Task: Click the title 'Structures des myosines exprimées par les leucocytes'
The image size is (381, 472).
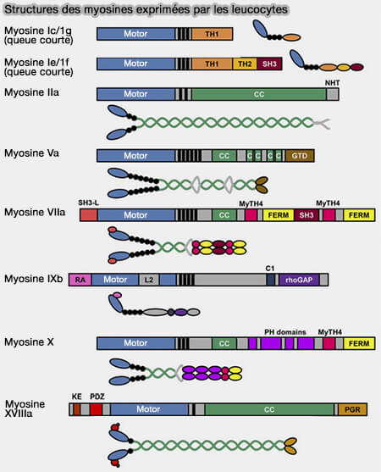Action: [x=145, y=9]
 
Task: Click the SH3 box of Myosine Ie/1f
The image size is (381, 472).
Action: [x=269, y=64]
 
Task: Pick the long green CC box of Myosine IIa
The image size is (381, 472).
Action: [x=258, y=95]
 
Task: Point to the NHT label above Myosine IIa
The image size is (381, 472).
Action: [x=333, y=82]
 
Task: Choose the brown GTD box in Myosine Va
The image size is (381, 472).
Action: [x=301, y=156]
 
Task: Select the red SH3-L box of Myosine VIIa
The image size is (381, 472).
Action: [x=89, y=216]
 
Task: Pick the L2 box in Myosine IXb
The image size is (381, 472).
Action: [x=147, y=279]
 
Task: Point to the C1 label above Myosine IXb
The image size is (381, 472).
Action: [x=270, y=267]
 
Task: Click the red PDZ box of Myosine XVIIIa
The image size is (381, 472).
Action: [x=96, y=409]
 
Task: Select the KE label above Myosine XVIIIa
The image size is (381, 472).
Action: [x=76, y=397]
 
